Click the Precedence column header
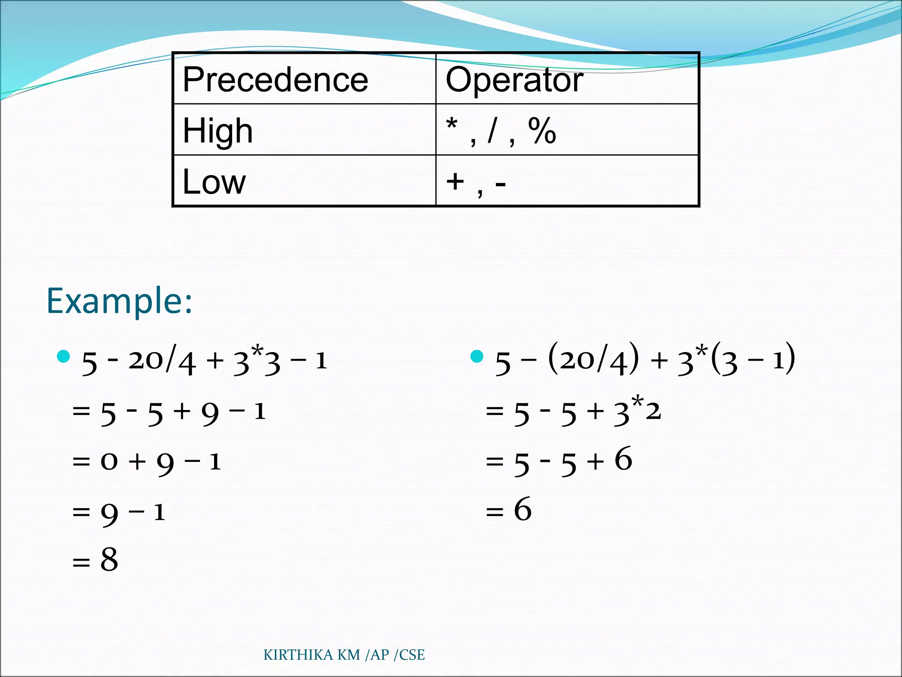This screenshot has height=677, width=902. click(x=275, y=80)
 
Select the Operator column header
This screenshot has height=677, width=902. click(x=514, y=80)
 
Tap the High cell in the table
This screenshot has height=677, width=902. click(x=218, y=131)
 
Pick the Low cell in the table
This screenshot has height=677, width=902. click(x=214, y=182)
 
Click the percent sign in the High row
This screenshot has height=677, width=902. click(x=542, y=131)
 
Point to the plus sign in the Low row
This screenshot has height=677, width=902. click(x=455, y=181)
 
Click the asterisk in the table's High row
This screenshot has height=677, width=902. click(x=451, y=124)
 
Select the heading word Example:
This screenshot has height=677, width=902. click(x=119, y=301)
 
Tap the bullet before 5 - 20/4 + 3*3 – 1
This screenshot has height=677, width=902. click(x=64, y=356)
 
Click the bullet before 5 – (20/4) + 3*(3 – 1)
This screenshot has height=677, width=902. click(x=477, y=356)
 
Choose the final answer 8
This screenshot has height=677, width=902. click(x=109, y=560)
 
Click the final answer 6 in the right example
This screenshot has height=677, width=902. click(x=523, y=510)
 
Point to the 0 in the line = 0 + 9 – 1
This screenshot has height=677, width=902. click(x=109, y=462)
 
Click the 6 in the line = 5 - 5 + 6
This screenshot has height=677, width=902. click(x=623, y=459)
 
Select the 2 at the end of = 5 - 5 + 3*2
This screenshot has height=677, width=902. click(x=653, y=411)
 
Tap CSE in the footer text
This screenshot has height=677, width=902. click(x=412, y=655)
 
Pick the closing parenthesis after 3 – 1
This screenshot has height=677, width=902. click(x=791, y=358)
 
